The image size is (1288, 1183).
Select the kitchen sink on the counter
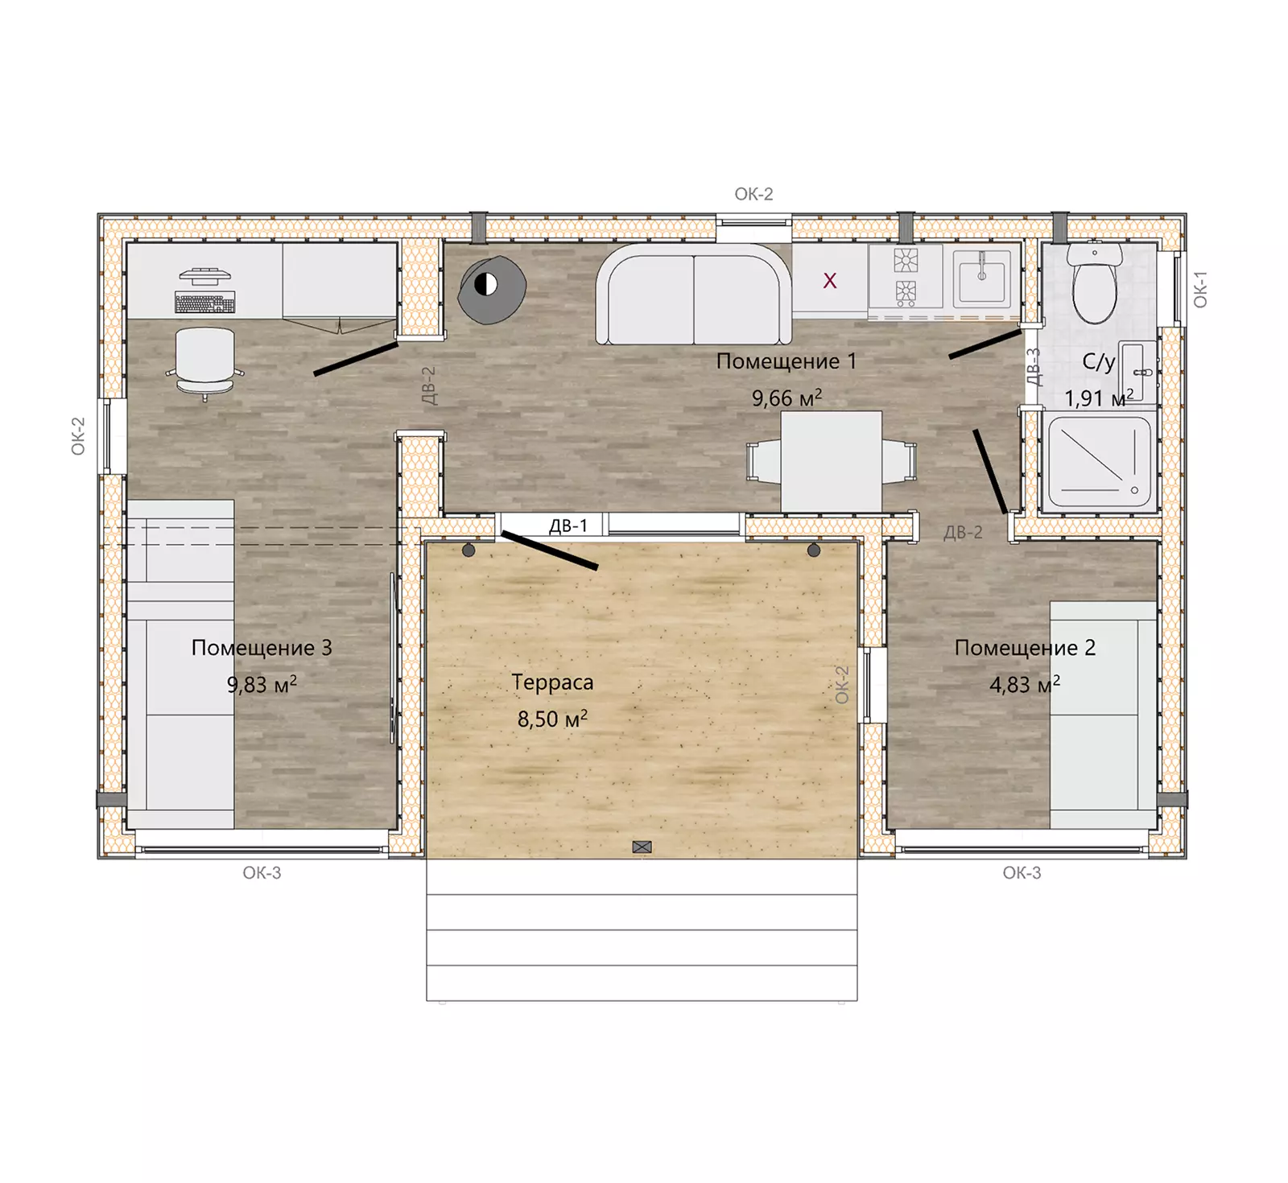981,275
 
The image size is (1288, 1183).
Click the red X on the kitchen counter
830,281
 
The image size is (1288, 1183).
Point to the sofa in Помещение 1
694,295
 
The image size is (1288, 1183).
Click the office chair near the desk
205,363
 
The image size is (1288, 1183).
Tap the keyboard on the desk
205,304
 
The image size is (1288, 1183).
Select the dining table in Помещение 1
832,461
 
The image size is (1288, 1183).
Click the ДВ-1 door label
568,526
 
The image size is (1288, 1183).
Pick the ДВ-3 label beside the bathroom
1034,367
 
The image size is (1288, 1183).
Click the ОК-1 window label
1200,290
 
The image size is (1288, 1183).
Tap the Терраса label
552,682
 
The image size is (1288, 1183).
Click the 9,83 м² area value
262,685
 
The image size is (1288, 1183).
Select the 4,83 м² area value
1025,685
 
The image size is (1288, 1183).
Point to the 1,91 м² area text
1099,398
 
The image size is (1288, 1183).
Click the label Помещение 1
786,361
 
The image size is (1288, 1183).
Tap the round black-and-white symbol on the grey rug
485,283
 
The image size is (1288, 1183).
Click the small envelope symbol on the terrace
642,847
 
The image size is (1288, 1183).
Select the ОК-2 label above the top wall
753,194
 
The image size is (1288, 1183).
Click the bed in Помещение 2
1104,715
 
